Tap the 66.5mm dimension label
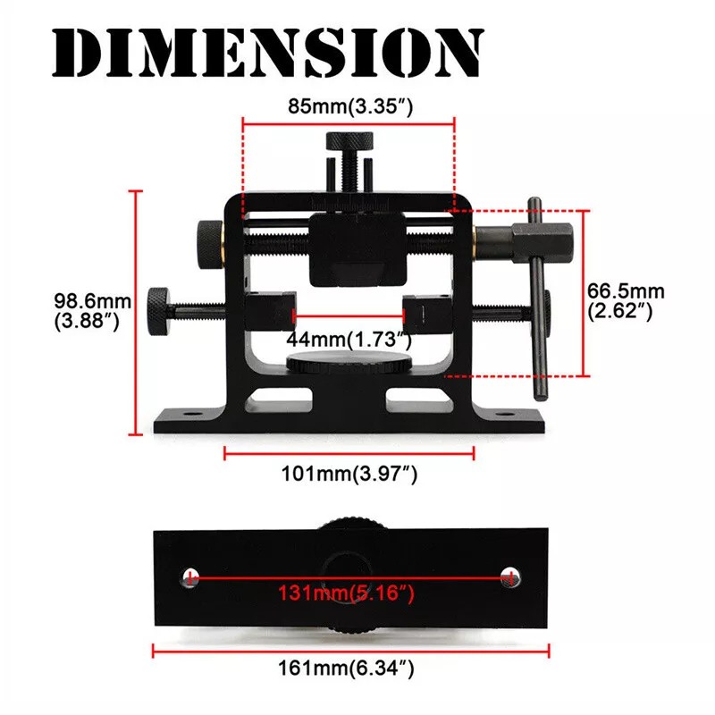[626, 299]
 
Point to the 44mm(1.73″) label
[349, 340]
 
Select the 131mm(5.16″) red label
[349, 593]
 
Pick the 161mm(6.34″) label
[349, 667]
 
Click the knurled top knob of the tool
[348, 141]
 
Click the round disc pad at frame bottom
[349, 364]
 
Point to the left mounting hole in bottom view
[190, 576]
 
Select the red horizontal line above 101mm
[349, 453]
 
